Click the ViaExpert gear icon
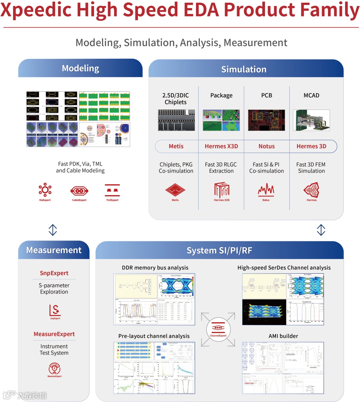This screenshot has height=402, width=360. click(x=45, y=190)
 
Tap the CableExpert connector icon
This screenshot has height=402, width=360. click(x=79, y=191)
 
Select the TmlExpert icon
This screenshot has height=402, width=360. click(x=112, y=190)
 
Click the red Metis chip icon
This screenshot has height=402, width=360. click(x=175, y=190)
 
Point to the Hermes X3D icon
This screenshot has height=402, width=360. click(x=222, y=190)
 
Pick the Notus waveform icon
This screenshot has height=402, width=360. click(x=266, y=190)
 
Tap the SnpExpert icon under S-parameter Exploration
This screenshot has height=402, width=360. click(x=55, y=310)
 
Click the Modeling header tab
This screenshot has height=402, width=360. click(x=80, y=68)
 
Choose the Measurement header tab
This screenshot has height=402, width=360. click(x=54, y=250)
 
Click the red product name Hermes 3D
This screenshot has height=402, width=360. click(x=311, y=146)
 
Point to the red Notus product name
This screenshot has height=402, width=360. click(x=267, y=146)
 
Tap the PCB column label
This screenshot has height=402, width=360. click(x=267, y=95)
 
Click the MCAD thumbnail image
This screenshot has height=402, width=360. click(x=311, y=120)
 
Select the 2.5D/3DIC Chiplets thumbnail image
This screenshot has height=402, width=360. click(x=176, y=120)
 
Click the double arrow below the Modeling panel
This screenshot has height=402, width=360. click(x=53, y=230)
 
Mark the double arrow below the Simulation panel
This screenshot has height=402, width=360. click(x=321, y=230)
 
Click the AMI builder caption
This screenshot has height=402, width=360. click(x=283, y=336)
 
